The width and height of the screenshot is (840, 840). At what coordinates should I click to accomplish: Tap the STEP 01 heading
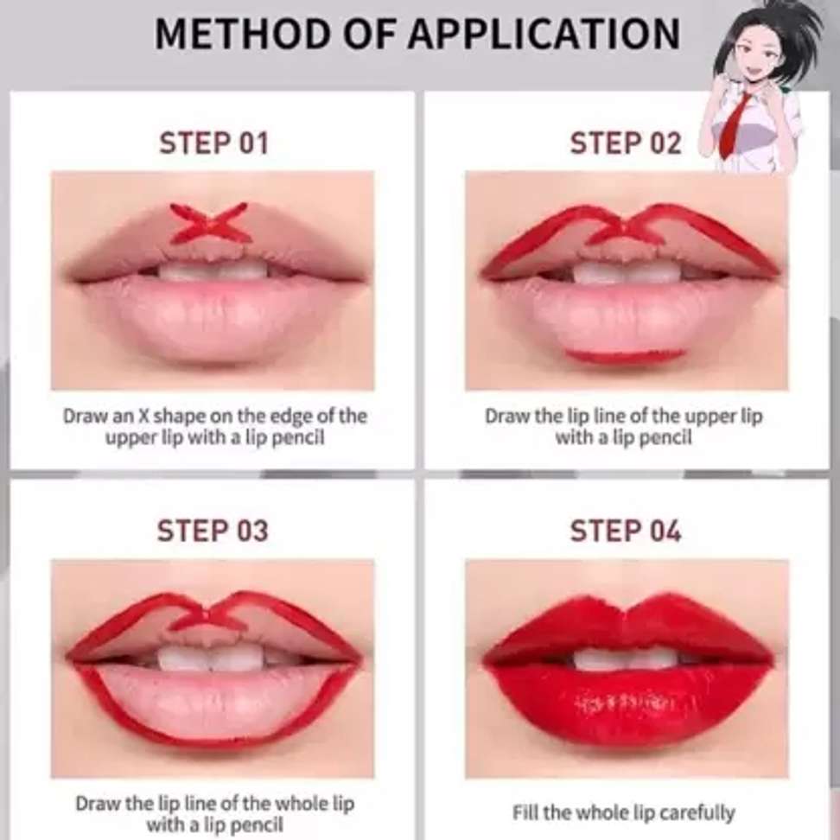point(213,143)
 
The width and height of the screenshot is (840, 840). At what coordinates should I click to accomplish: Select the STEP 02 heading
point(625,143)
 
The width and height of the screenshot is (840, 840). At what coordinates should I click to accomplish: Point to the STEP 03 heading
point(213,531)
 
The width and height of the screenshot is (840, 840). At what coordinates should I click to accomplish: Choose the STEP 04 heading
point(625,531)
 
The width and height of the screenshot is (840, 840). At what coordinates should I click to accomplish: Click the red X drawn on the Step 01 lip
point(209,223)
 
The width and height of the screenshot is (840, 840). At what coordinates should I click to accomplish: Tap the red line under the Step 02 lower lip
point(626,355)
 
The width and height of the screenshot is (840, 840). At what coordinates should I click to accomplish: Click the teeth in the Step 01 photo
point(213,270)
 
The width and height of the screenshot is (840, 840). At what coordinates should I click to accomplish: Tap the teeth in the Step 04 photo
point(626,659)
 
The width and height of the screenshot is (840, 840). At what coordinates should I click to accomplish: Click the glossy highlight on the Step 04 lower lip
point(632,703)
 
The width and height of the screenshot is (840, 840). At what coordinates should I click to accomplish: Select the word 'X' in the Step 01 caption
point(143,416)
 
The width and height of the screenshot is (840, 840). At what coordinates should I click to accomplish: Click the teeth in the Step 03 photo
point(213,658)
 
